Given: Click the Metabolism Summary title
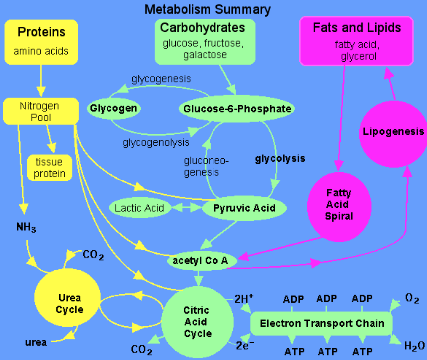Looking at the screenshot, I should [208, 9].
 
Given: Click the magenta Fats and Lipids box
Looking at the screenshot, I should [356, 40].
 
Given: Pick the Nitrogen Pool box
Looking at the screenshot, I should [40, 112].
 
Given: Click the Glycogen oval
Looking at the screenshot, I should [113, 108].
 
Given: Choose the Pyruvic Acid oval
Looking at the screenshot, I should [244, 207].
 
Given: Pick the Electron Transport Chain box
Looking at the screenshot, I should [321, 323].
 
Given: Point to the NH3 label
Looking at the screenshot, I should [26, 228].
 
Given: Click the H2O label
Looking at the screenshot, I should [414, 346].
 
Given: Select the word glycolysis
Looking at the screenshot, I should [280, 159].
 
